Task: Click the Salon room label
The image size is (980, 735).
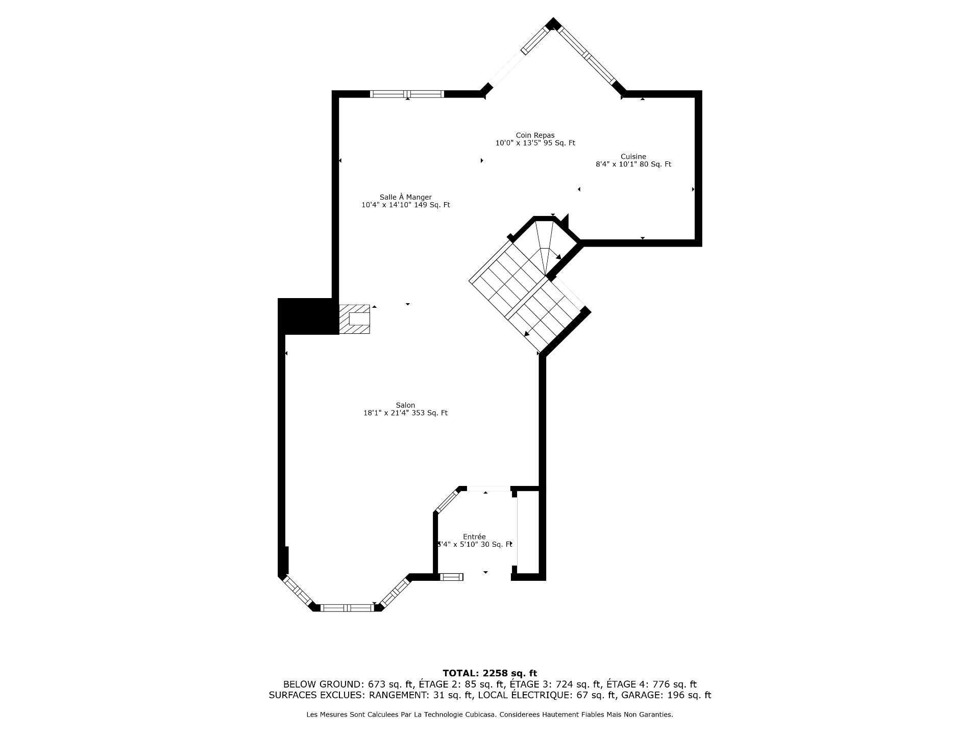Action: (x=405, y=405)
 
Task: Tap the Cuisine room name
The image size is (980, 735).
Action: (x=633, y=157)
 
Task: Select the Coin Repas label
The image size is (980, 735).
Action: (x=535, y=135)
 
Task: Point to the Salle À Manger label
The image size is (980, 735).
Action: (x=405, y=197)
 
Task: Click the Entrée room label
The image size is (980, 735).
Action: (x=474, y=536)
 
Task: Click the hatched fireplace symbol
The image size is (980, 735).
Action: (x=355, y=319)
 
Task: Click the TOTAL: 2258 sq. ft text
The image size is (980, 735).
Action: (x=489, y=673)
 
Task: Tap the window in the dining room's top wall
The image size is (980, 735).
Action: (x=407, y=94)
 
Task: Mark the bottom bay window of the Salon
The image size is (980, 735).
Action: (x=347, y=607)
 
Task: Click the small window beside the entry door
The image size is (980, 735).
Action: (x=451, y=577)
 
